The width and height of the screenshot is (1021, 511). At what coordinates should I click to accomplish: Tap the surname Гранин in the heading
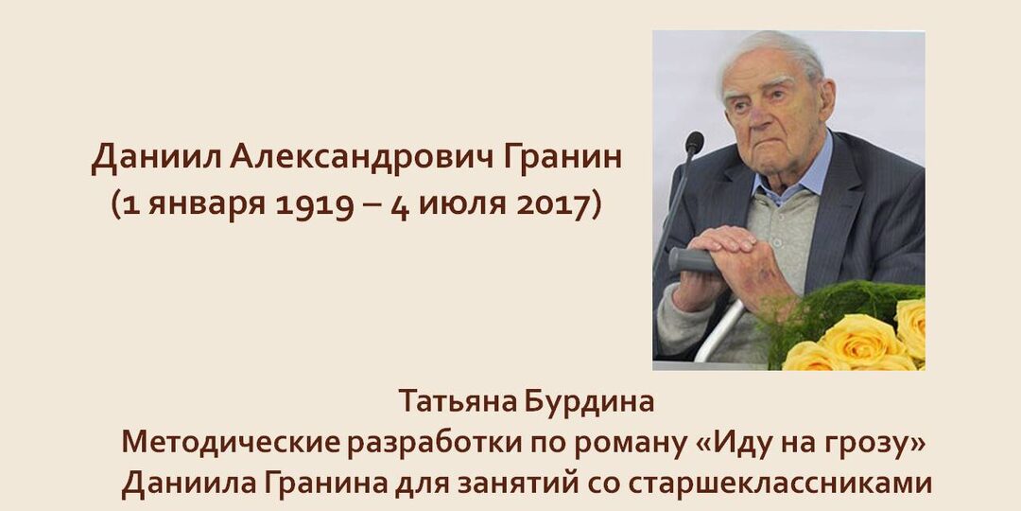pos(570,159)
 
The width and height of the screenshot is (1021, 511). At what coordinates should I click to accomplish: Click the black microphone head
pos(695,143)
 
